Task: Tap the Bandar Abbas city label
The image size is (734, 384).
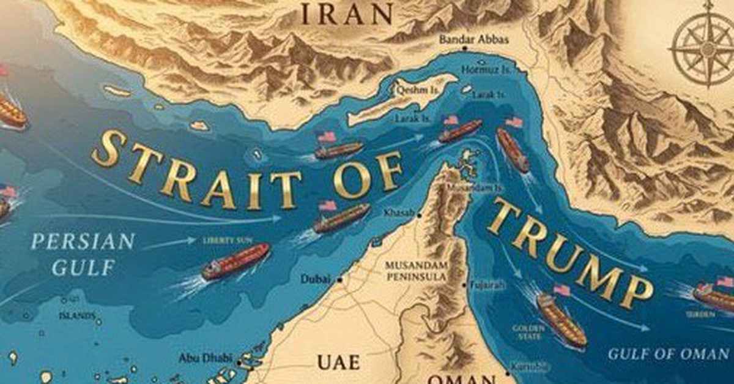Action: click(x=473, y=40)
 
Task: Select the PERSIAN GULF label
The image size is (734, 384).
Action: click(x=83, y=253)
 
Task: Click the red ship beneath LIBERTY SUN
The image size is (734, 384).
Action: click(x=235, y=262)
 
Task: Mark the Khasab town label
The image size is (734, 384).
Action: click(x=398, y=213)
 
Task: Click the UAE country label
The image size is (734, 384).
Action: click(x=339, y=361)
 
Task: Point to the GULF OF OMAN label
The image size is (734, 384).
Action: click(x=668, y=353)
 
